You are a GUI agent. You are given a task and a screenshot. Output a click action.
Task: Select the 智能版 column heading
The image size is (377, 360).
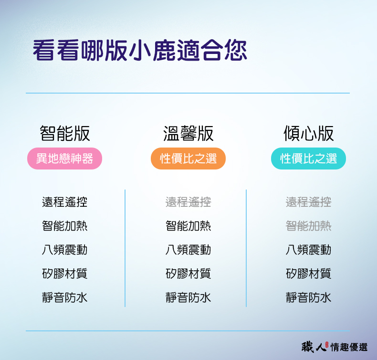coord(65,134)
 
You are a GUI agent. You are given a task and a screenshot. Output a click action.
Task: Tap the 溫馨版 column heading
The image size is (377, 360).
coord(188,134)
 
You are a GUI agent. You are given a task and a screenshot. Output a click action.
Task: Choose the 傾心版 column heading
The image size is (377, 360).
coord(308,134)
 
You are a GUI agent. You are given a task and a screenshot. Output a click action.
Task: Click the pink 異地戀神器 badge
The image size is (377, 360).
coord(65,159)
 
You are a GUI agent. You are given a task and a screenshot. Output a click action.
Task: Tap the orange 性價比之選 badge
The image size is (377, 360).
coord(188,159)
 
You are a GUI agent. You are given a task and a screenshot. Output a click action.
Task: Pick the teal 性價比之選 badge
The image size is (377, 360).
coord(308,159)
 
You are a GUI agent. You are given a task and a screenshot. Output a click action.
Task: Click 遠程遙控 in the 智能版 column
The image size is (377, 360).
coord(65,202)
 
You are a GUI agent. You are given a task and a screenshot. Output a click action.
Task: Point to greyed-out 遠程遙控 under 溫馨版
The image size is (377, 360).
coord(188,202)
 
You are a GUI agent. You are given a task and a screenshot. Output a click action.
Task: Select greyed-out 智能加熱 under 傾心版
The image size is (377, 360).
coord(308,226)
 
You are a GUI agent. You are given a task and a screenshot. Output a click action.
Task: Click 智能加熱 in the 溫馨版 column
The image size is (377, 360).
coord(188,226)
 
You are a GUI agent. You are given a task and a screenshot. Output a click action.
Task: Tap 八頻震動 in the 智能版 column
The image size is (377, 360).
coord(65,250)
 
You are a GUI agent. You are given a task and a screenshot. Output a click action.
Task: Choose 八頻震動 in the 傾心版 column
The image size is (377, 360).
coord(308,250)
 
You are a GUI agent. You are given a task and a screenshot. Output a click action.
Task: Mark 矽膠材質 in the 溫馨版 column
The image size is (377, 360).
coord(188,274)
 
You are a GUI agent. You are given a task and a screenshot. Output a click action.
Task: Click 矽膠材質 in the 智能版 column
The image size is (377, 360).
coord(65,274)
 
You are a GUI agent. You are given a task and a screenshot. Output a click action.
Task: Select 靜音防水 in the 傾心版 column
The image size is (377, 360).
coord(308,298)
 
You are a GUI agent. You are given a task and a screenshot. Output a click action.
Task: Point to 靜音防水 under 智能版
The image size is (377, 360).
coord(65,298)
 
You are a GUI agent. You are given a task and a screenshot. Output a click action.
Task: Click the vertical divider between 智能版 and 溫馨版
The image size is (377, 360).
coord(125,248)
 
